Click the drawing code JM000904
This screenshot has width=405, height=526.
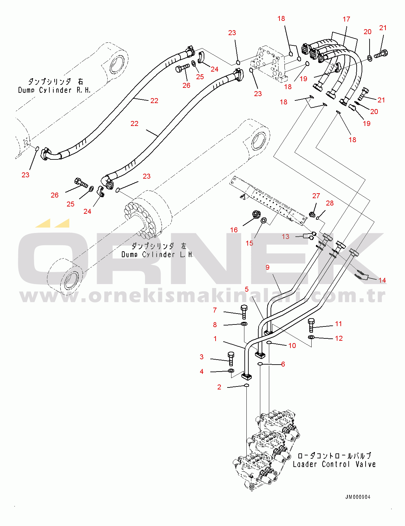(x=358, y=497)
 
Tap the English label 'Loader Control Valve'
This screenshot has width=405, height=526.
(x=334, y=464)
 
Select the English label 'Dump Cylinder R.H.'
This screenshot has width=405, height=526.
(x=54, y=90)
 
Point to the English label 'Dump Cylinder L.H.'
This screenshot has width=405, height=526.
(x=157, y=255)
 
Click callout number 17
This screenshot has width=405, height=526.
(x=346, y=19)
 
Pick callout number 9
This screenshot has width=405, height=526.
(x=268, y=267)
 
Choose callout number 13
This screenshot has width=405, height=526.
(x=285, y=236)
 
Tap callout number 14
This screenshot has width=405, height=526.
(x=382, y=280)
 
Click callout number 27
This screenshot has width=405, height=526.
(x=316, y=196)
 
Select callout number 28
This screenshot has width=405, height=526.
(x=329, y=203)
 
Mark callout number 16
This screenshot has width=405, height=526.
(x=234, y=230)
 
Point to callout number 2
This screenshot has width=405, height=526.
(x=219, y=387)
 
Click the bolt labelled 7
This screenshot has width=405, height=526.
(x=244, y=311)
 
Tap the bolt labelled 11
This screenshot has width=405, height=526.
(x=311, y=325)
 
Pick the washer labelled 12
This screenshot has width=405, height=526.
(x=311, y=337)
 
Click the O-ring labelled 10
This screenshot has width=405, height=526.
(x=269, y=342)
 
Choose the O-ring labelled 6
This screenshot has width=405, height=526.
(x=260, y=364)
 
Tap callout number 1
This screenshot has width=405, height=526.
(x=215, y=339)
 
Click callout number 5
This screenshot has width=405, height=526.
(x=246, y=289)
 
